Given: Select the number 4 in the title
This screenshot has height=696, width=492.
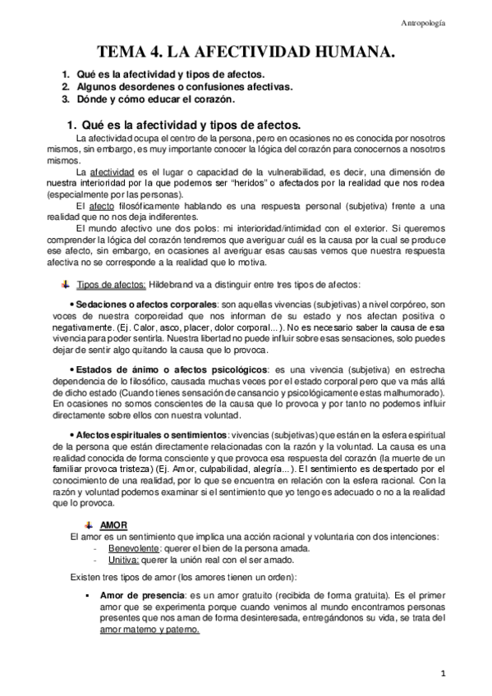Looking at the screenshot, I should (x=154, y=53).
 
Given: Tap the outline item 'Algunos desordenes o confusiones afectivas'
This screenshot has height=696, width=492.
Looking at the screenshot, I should (x=185, y=86).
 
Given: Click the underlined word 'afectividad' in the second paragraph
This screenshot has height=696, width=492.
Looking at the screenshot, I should (x=114, y=172).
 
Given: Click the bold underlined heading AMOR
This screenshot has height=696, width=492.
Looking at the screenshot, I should (x=113, y=524).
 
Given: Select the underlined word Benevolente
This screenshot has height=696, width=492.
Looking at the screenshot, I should (x=134, y=548).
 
